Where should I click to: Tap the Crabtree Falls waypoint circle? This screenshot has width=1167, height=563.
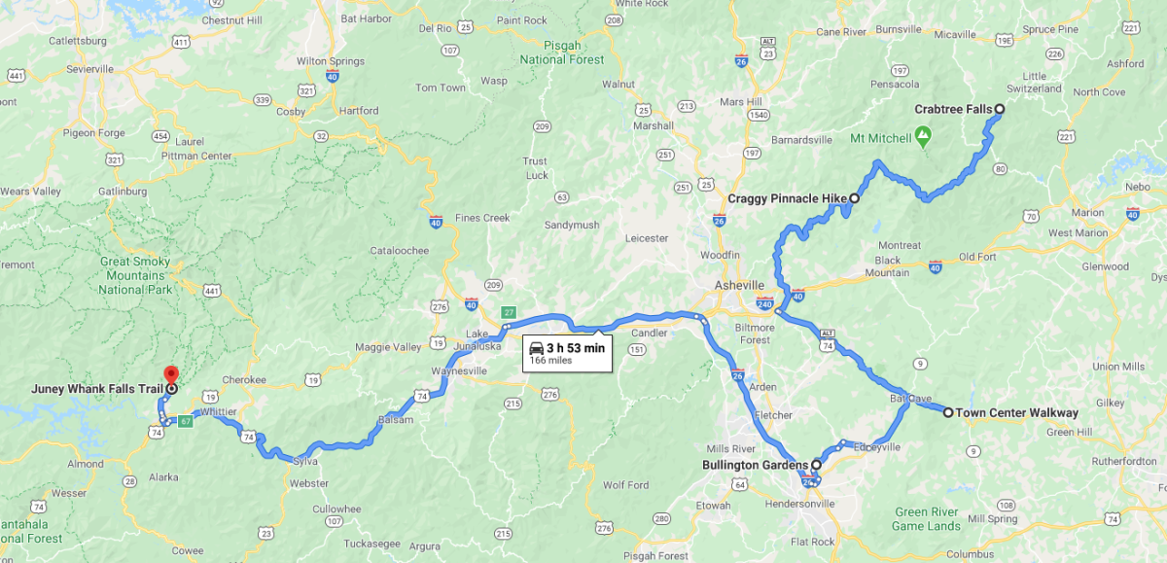(x=999, y=109)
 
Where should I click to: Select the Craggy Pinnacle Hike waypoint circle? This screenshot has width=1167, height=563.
(x=855, y=198)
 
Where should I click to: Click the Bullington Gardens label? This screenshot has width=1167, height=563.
(x=756, y=465)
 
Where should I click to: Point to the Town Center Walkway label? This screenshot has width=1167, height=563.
(x=1016, y=412)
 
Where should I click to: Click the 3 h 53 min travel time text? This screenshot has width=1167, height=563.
(x=576, y=347)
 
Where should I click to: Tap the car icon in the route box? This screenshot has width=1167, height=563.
(x=536, y=347)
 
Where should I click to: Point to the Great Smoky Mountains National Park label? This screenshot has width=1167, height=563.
(x=135, y=275)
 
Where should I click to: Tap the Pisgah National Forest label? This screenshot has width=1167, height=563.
(x=562, y=53)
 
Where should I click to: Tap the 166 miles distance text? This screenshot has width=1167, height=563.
(x=550, y=361)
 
